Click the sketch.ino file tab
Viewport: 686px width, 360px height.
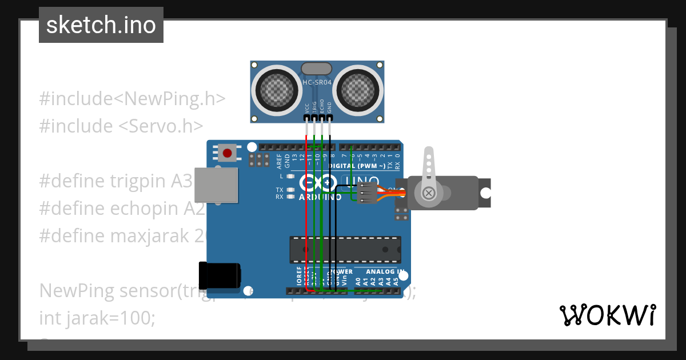pos(101,25)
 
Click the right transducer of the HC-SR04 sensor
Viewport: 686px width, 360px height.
pos(358,88)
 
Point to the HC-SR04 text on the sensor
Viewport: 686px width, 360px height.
pos(317,82)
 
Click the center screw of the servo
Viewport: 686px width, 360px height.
pos(429,194)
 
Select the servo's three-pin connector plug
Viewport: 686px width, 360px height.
pos(367,193)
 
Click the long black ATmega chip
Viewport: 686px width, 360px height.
pos(344,249)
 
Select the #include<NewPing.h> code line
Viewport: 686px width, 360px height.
pos(132,98)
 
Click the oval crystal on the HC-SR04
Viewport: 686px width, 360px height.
pos(317,69)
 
